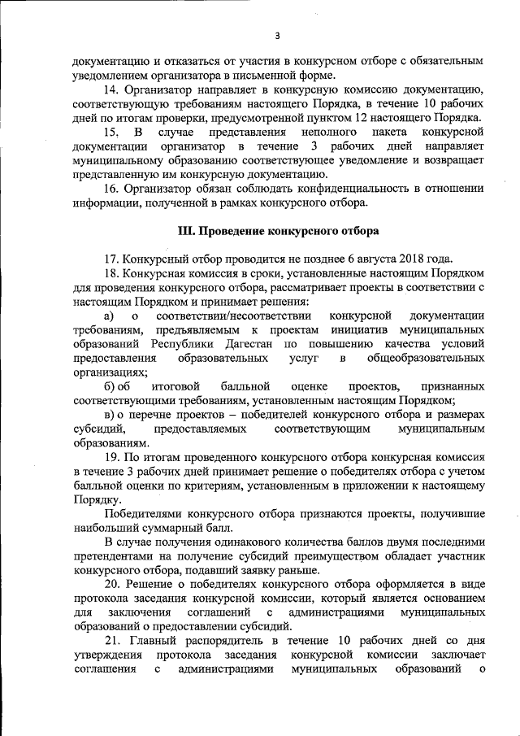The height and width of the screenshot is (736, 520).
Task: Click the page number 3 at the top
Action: [277, 35]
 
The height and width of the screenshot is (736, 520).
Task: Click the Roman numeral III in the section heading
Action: [186, 231]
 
